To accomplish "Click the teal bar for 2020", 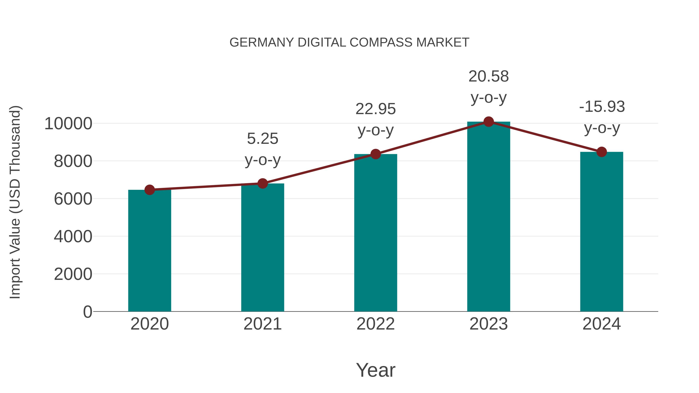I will tap(150, 251).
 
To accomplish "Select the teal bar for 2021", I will tap(262, 247).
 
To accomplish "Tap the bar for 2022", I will tap(376, 233).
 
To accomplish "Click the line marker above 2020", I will tap(150, 190).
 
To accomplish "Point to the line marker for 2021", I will tap(262, 184).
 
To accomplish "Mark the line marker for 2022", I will tap(376, 154).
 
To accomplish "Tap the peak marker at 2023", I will tap(489, 122).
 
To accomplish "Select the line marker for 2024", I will tap(602, 152).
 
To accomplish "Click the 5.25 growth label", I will tap(262, 139).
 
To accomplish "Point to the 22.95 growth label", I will tap(376, 109).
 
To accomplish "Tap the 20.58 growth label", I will tap(489, 76).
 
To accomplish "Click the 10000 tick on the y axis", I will tap(68, 124).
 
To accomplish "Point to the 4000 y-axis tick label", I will tap(73, 237).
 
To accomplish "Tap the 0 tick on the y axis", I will tap(87, 312).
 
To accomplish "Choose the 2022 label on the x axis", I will tap(376, 324).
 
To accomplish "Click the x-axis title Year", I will tap(376, 370).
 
